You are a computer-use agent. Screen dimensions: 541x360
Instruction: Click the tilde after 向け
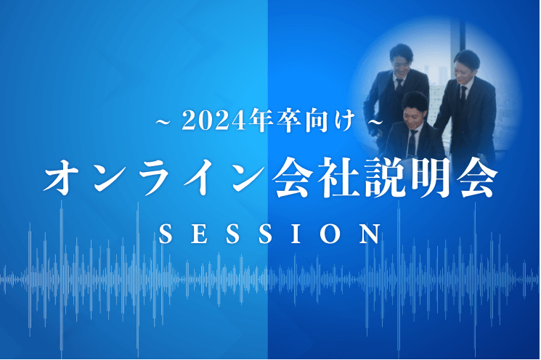[x=375, y=122]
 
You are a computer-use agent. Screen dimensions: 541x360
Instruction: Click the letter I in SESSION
[x=296, y=234]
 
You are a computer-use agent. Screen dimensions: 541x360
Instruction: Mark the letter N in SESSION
[x=370, y=234]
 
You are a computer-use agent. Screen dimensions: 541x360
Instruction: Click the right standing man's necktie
[x=463, y=97]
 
